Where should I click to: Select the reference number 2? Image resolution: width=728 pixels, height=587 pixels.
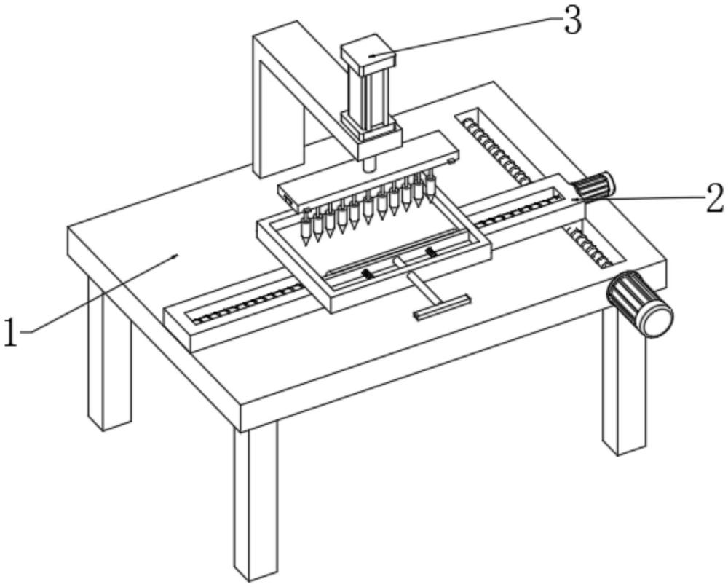(x=714, y=197)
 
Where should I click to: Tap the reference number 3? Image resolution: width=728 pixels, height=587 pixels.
(x=573, y=22)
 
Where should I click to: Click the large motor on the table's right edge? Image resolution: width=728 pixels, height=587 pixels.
(x=641, y=304)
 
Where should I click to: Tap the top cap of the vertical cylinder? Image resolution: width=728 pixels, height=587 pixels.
(x=368, y=53)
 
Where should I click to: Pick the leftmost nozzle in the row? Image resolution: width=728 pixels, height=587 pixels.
(x=306, y=229)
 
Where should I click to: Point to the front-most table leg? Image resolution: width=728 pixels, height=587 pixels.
(x=256, y=503)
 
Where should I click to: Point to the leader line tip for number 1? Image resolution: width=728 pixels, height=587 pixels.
(x=177, y=255)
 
